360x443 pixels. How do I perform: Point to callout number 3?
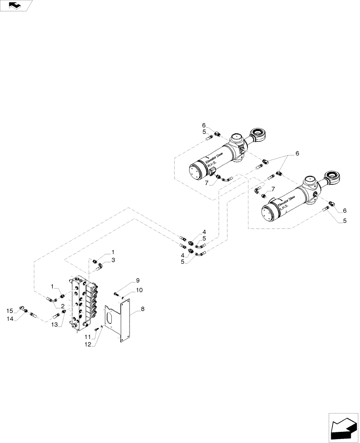coord(113,260)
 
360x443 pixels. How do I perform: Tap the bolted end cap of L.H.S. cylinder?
coord(268,213)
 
